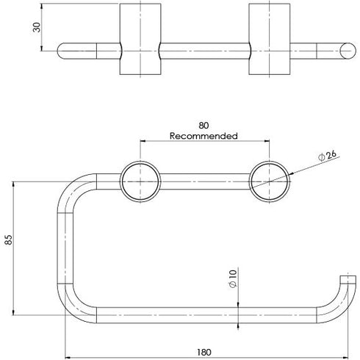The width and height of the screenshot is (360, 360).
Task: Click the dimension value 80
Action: point(203,125)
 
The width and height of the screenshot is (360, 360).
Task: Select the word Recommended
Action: point(204,136)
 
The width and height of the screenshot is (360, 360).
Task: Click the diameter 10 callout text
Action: point(232,278)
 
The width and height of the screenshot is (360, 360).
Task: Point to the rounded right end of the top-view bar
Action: point(344,51)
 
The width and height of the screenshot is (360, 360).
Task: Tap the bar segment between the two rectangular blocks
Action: point(204,51)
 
